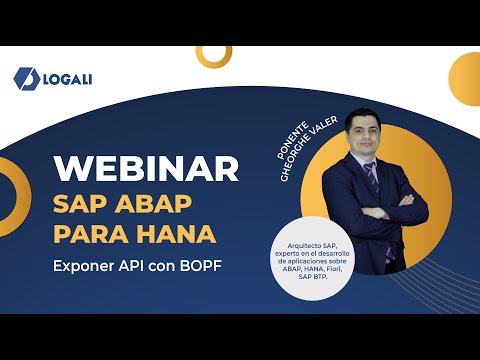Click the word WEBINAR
pyautogui.click(x=146, y=168)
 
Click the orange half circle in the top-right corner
pyautogui.click(x=455, y=75)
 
